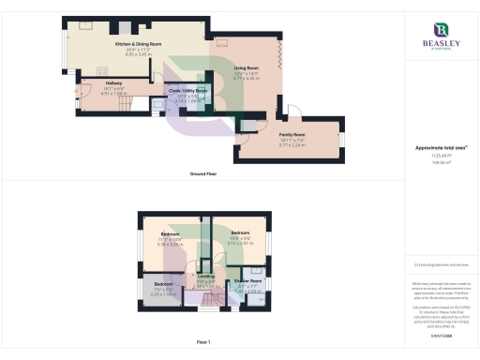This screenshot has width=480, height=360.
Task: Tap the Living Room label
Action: (247, 68)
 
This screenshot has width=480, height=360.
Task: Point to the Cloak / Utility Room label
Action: (187, 91)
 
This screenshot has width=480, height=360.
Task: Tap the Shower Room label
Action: (248, 280)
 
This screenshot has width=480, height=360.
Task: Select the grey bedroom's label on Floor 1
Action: (164, 283)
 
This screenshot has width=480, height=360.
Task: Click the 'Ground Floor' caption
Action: (204, 174)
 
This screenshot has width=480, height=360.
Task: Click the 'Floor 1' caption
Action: (203, 342)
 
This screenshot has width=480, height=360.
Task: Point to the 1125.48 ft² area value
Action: (440, 156)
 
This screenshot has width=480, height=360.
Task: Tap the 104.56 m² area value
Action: (440, 161)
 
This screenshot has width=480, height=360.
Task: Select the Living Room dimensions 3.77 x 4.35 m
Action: (247, 79)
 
